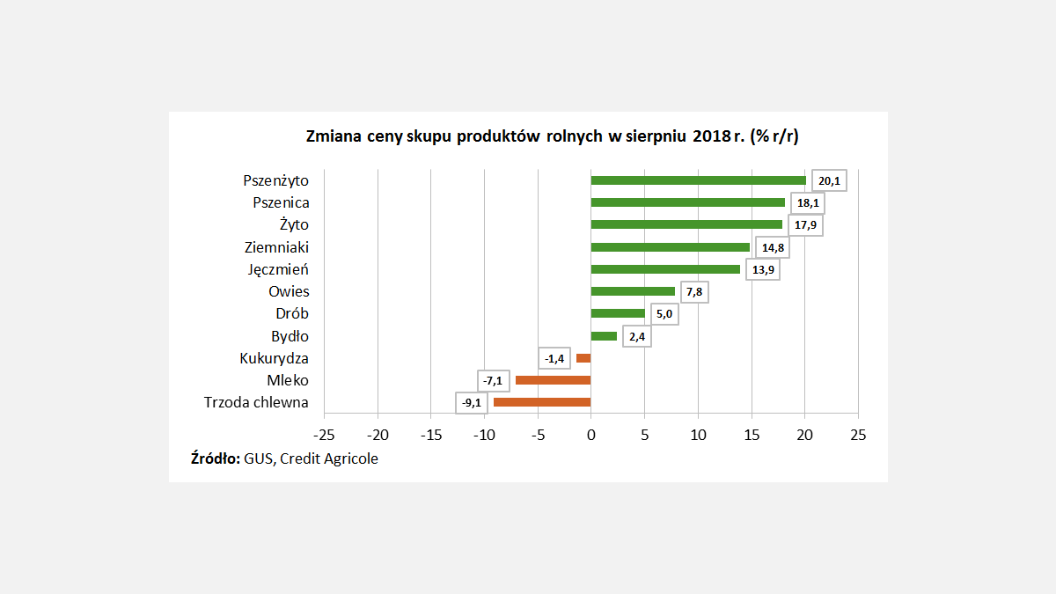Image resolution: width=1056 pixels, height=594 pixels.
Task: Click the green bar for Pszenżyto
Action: click(698, 180)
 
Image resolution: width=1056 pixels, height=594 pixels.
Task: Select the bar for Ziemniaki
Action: click(670, 247)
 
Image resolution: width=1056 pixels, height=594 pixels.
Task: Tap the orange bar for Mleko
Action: click(553, 380)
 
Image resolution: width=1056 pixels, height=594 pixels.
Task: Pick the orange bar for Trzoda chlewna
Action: click(542, 402)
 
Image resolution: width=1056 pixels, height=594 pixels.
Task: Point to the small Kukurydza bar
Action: click(583, 358)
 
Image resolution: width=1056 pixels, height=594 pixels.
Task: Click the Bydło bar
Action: click(604, 336)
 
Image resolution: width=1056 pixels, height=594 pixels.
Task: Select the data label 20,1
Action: click(829, 180)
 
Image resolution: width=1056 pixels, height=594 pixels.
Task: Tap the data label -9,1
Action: click(471, 403)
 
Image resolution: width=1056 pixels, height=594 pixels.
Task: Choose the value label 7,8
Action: click(693, 292)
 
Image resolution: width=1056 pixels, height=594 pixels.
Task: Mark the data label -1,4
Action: click(554, 358)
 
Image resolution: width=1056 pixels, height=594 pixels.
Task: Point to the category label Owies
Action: click(289, 292)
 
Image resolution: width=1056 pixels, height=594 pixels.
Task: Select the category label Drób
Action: click(292, 314)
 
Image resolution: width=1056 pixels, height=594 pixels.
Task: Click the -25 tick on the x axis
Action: click(324, 435)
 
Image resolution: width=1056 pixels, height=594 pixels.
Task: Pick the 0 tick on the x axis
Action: click(590, 435)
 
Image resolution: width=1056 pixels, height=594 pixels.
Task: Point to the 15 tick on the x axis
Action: click(751, 435)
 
